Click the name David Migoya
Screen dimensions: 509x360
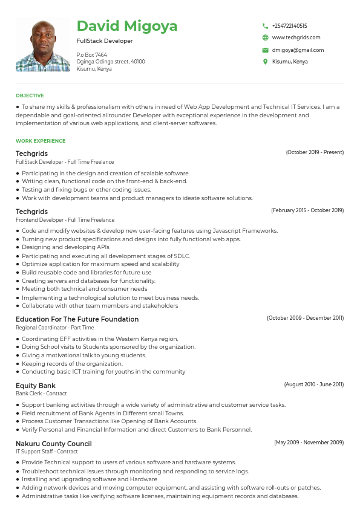pyautogui.click(x=127, y=26)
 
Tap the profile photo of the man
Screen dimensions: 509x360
pyautogui.click(x=43, y=44)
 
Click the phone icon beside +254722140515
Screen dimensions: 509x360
pyautogui.click(x=265, y=26)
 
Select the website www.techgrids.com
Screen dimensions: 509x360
pyautogui.click(x=296, y=37)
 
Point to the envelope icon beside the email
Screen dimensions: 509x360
pyautogui.click(x=265, y=50)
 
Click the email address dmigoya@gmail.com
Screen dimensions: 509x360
pyautogui.click(x=298, y=50)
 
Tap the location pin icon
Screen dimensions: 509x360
pyautogui.click(x=265, y=62)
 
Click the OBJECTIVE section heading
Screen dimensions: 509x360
pyautogui.click(x=30, y=96)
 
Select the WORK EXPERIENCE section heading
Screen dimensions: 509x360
pyautogui.click(x=41, y=141)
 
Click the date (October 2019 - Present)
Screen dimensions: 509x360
pyautogui.click(x=315, y=153)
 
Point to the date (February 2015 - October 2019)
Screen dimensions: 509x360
pyautogui.click(x=307, y=210)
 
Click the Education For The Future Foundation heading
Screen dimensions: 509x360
pyautogui.click(x=77, y=319)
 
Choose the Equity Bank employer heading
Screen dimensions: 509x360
pyautogui.click(x=35, y=386)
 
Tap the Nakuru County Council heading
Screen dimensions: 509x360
pyautogui.click(x=54, y=444)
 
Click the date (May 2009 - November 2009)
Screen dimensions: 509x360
pyautogui.click(x=309, y=443)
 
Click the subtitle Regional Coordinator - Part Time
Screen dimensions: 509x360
pyautogui.click(x=47, y=328)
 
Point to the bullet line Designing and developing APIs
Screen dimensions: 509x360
pyautogui.click(x=65, y=247)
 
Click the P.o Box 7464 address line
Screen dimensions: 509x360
pyautogui.click(x=92, y=55)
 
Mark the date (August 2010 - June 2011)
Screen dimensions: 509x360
pyautogui.click(x=313, y=384)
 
